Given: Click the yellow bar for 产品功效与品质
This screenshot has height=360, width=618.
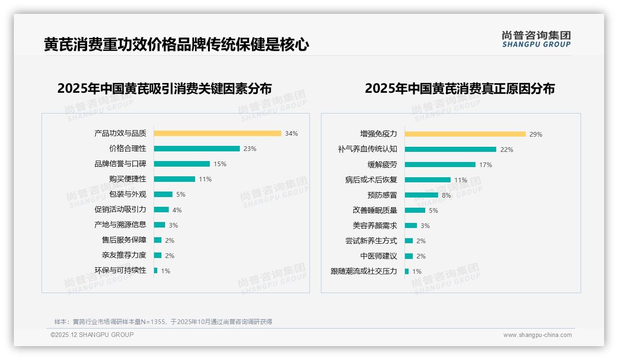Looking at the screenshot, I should pos(217,133).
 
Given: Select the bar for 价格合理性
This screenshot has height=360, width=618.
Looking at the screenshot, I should pos(196,149).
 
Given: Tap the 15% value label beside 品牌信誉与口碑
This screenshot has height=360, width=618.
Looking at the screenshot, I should pos(220,164).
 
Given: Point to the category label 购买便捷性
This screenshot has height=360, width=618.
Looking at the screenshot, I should pos(127,179).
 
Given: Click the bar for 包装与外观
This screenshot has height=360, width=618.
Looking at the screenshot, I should pos(163,194).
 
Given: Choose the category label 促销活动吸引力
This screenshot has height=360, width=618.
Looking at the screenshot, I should pos(120,210).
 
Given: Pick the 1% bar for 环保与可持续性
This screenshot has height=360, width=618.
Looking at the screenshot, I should pos(155,270).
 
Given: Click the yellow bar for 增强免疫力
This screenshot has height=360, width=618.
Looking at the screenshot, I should pos(465,134).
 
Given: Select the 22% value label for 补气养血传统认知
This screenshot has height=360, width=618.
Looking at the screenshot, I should pos(506,150).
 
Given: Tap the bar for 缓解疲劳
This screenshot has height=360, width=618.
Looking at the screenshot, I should pos(440,165).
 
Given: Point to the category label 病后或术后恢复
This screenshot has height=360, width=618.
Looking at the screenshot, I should pos(371,180).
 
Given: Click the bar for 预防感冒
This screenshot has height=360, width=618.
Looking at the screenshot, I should pos(421,195).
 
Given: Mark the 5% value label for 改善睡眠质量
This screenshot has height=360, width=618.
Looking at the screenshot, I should pos(434,210).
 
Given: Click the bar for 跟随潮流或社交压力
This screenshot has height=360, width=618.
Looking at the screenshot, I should pos(407,271).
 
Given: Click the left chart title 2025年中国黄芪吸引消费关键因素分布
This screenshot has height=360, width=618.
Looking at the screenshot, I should pos(165,88).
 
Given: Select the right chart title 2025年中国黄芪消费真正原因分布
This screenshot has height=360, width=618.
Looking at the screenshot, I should pos(459,88).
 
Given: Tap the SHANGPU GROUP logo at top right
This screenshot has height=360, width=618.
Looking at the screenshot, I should pos(536,39).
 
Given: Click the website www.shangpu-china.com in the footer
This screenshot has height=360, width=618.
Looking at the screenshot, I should pos(537,335).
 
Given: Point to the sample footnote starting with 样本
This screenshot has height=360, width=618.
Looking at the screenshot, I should pos(163,322).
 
